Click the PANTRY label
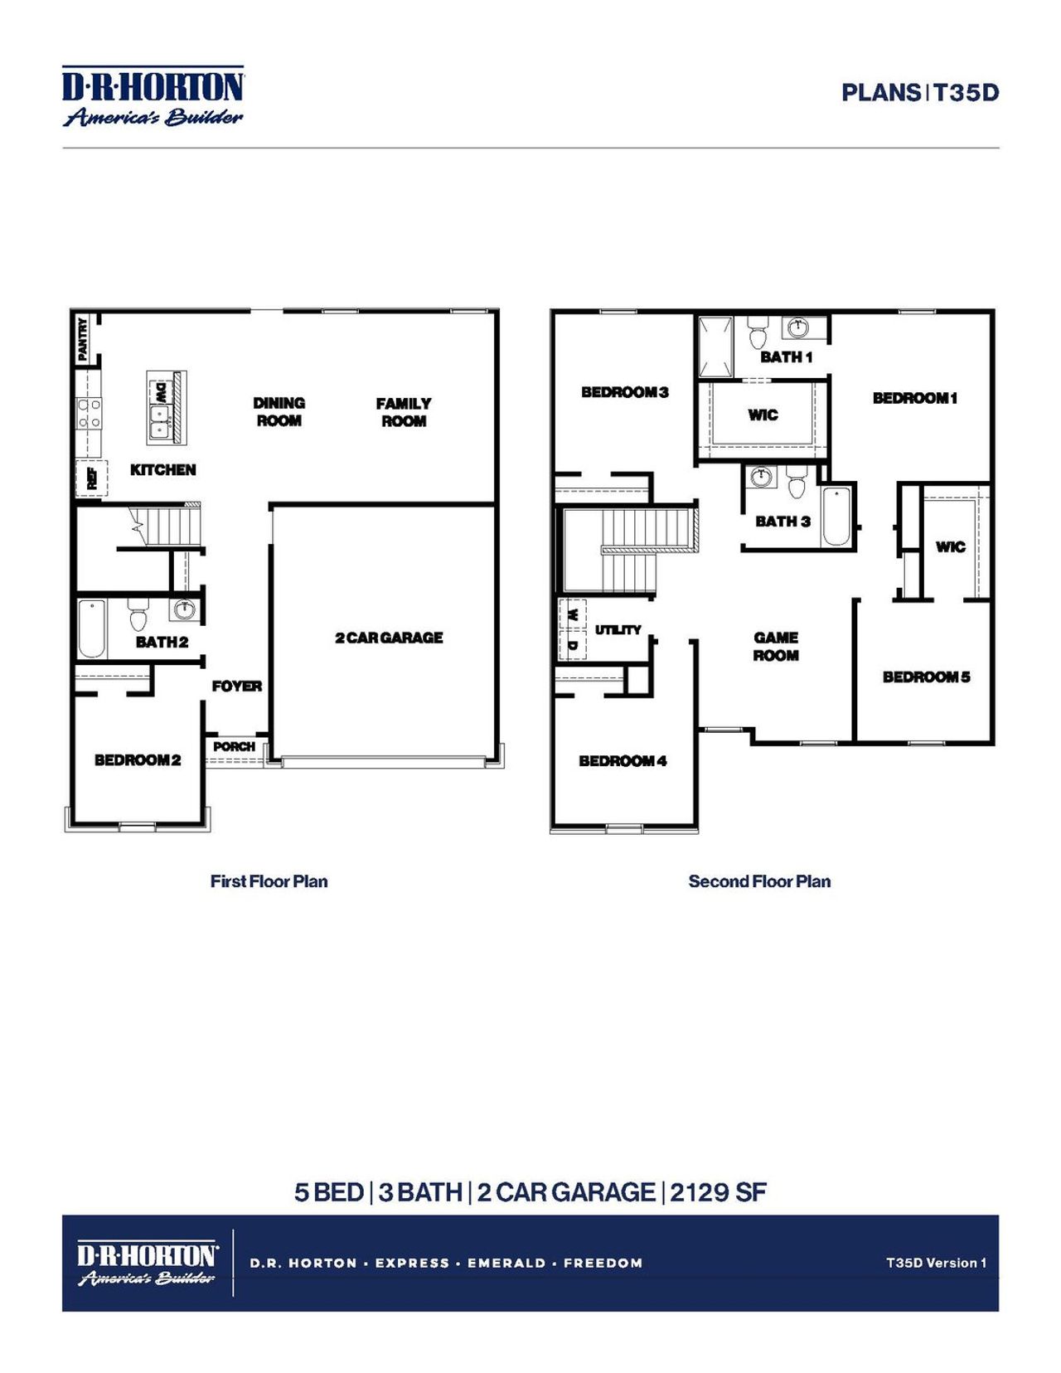(82, 338)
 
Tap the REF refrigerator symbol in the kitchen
(91, 478)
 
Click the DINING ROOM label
(279, 411)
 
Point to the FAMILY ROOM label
(404, 412)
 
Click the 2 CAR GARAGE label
(389, 638)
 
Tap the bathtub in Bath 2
(91, 628)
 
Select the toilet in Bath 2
(138, 615)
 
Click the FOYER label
(236, 686)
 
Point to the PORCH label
(234, 746)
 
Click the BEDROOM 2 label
(138, 759)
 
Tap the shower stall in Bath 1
(715, 347)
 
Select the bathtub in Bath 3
(836, 516)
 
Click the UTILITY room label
(618, 630)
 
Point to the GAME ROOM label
(776, 646)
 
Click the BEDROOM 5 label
(926, 677)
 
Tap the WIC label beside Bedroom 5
(950, 546)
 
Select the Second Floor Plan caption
(759, 881)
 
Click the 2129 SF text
(718, 1192)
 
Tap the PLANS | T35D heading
(920, 92)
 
